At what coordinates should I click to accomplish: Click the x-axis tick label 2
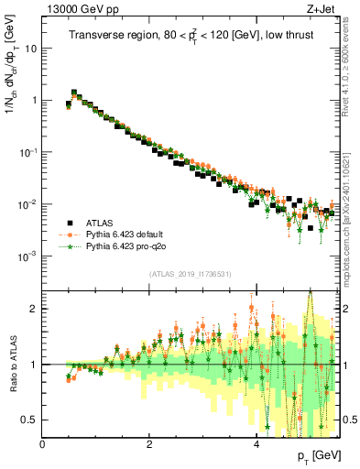click(x=148, y=445)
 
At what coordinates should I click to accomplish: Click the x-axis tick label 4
click(x=256, y=445)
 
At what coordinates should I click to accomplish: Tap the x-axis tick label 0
click(x=42, y=445)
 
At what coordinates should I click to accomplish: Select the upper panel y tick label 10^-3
click(x=27, y=256)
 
